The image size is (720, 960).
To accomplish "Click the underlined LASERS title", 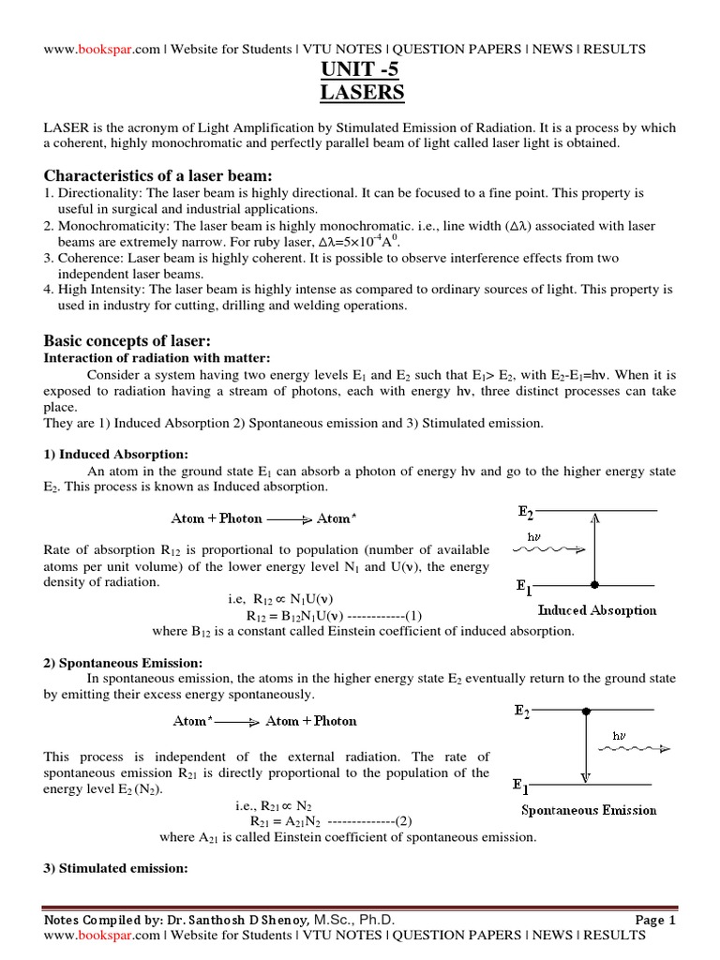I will pos(360,92).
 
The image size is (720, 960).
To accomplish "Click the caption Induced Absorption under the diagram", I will pos(597,609).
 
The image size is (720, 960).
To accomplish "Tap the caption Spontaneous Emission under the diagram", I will pos(589,810).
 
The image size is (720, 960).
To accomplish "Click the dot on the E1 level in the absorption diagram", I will pos(594,584).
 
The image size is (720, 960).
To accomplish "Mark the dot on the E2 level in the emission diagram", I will pos(587,712).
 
